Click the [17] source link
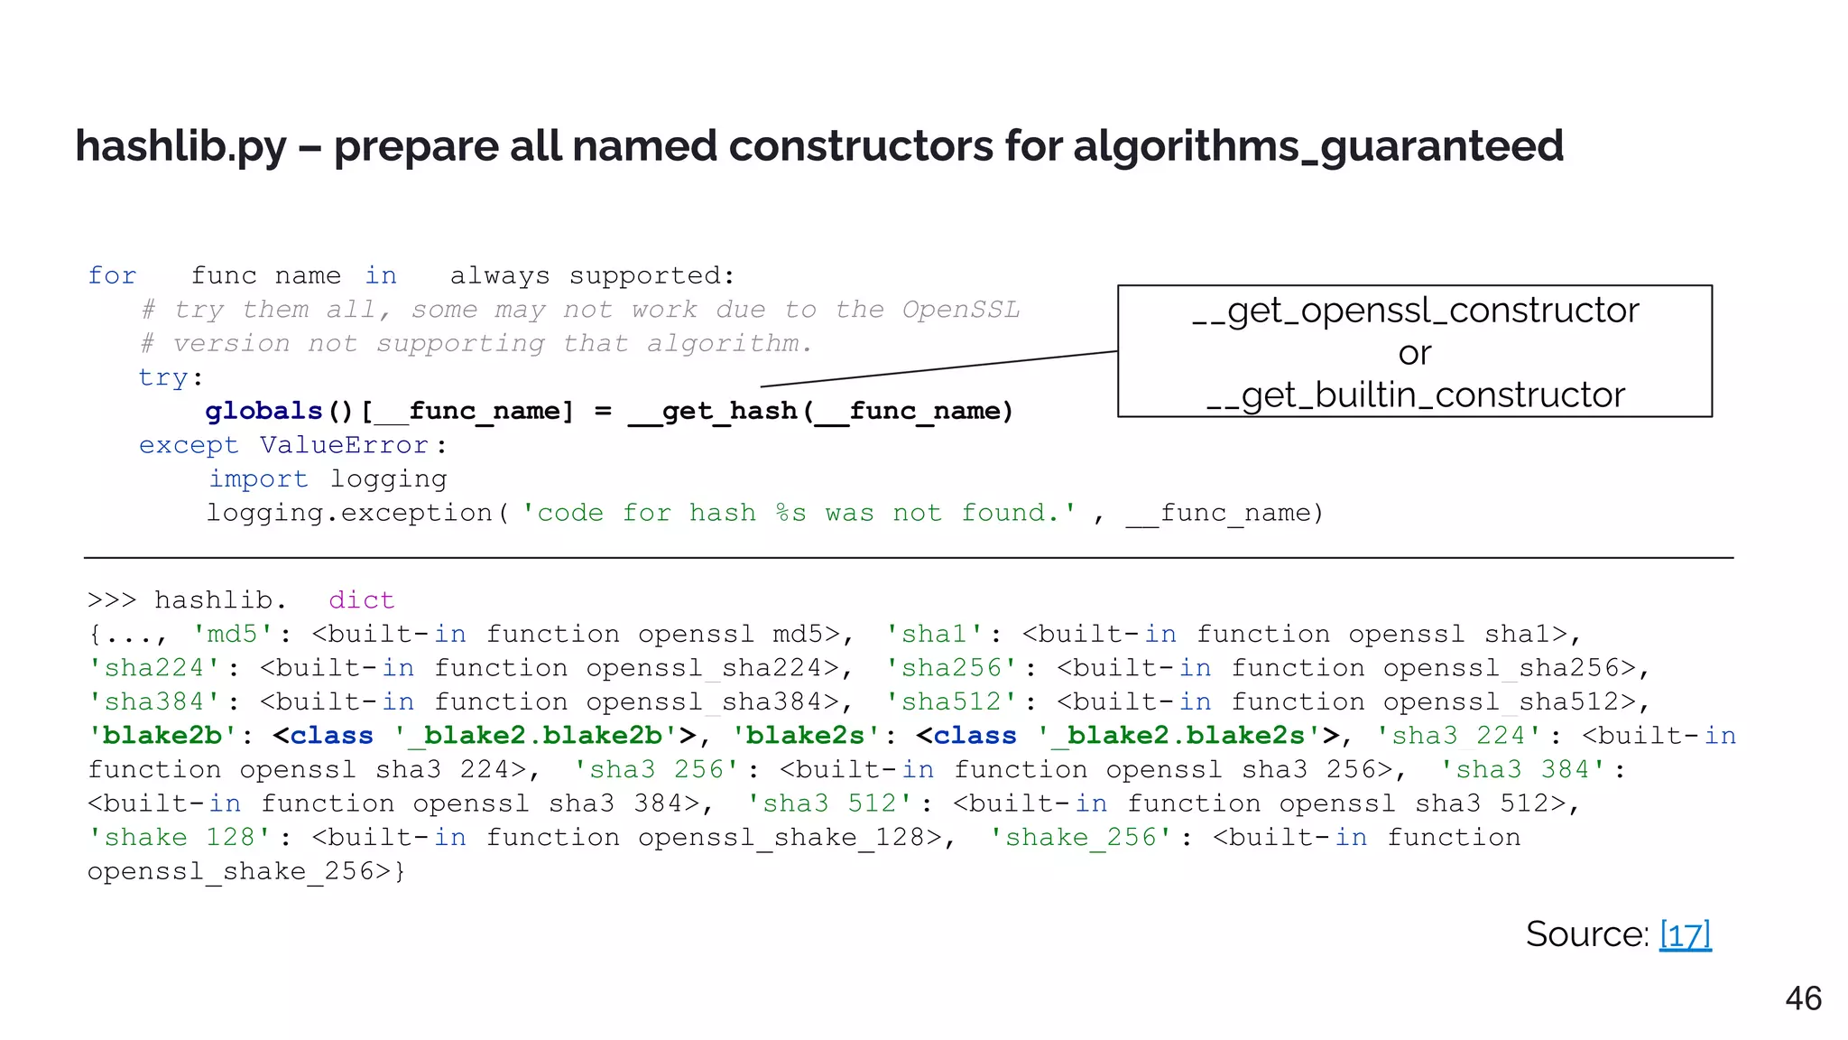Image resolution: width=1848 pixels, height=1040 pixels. point(1685,934)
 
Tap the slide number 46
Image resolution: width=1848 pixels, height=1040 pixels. point(1803,998)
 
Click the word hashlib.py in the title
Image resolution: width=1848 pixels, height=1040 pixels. point(180,146)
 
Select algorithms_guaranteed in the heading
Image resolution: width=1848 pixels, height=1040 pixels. point(1317,146)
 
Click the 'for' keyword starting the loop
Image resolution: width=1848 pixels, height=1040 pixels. point(112,275)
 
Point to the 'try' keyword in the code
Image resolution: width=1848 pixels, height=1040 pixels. point(163,377)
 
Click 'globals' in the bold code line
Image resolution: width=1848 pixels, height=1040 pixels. point(263,412)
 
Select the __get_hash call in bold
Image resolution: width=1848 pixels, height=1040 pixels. point(713,412)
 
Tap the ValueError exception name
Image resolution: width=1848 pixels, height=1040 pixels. point(344,445)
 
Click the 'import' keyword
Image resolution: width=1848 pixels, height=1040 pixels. point(258,479)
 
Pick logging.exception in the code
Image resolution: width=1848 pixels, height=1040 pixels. point(349,513)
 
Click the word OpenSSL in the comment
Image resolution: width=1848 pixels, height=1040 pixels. point(960,310)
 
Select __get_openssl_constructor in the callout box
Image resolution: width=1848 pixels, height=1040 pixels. point(1414,311)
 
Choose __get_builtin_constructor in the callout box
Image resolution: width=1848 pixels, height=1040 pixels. point(1414,395)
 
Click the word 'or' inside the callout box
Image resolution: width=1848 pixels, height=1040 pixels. point(1414,353)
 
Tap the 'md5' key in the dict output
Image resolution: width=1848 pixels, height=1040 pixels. point(232,634)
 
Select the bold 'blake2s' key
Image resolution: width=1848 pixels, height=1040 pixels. point(805,736)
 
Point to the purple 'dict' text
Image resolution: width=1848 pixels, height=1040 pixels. point(361,600)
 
